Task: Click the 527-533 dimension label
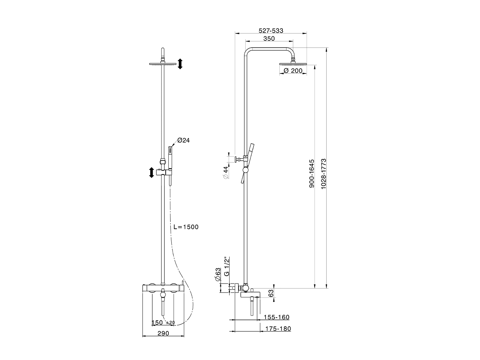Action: click(x=271, y=31)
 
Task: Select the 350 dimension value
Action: click(x=269, y=39)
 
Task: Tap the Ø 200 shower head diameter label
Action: click(x=293, y=71)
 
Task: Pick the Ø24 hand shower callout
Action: click(x=183, y=140)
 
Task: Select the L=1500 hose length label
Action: click(x=186, y=227)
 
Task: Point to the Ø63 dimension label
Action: click(x=217, y=274)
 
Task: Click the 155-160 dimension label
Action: click(x=277, y=317)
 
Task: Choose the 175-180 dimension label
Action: click(x=278, y=329)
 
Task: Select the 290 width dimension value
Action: click(x=163, y=333)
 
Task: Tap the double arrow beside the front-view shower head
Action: click(x=180, y=64)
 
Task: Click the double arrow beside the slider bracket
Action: click(x=151, y=173)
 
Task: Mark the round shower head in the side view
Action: click(x=293, y=64)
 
